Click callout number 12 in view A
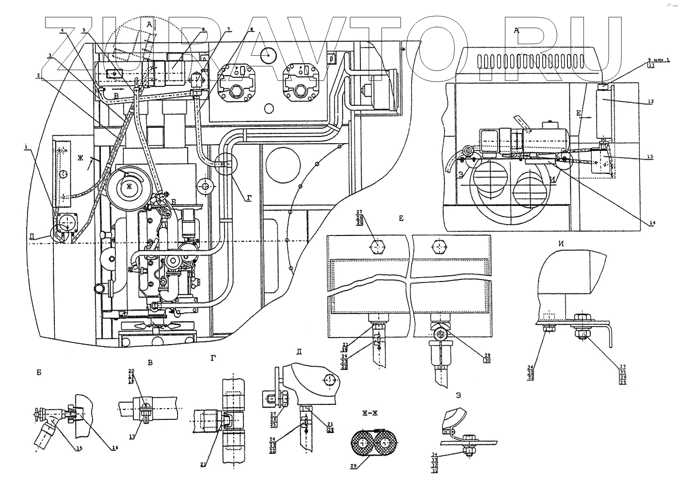[x=650, y=101]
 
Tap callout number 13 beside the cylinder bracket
[x=650, y=156]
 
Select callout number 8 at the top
[x=251, y=29]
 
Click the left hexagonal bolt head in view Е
[x=377, y=246]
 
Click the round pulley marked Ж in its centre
[x=129, y=186]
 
